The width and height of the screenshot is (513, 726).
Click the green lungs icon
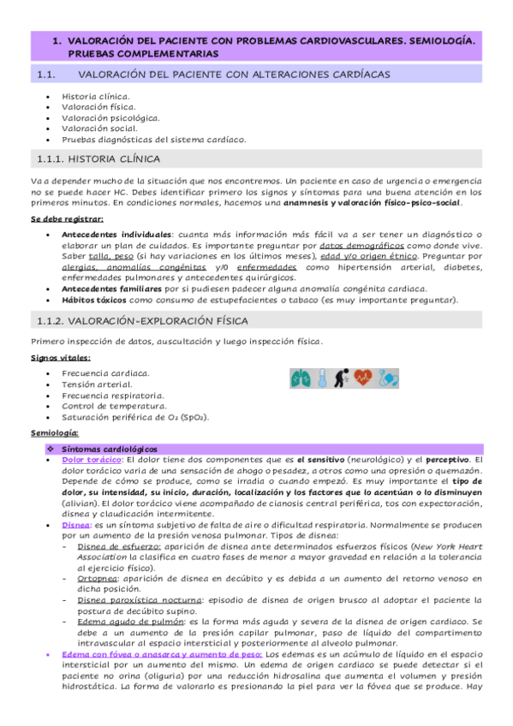coord(301,378)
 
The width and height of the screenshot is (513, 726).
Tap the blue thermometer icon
coord(322,378)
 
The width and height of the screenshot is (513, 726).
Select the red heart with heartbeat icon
coord(364,378)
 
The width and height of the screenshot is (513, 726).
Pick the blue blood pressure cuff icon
coord(388,378)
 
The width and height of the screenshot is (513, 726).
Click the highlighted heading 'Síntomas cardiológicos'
coord(109,449)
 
